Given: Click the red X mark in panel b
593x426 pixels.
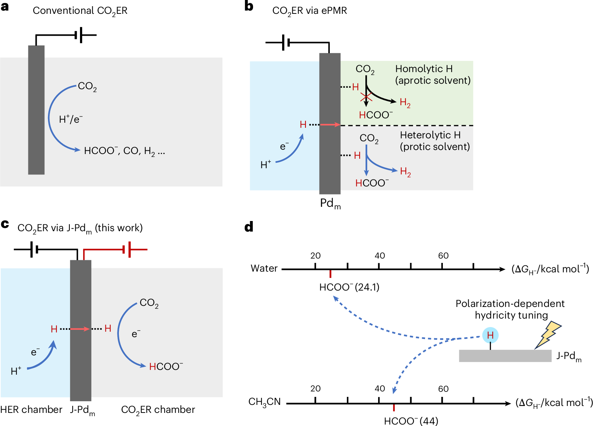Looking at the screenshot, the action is [366, 97].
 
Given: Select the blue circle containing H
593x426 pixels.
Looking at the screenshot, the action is [490, 335].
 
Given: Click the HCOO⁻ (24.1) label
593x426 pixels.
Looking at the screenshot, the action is [349, 287].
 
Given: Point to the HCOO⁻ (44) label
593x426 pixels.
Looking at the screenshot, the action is [411, 421].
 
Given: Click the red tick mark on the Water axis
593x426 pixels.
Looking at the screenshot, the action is [330, 274].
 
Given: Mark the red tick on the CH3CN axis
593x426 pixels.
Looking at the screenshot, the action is [394, 408].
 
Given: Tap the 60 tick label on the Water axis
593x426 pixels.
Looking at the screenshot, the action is [444, 256].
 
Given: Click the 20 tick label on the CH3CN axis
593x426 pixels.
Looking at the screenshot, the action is [315, 388].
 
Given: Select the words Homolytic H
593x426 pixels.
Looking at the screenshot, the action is [424, 69].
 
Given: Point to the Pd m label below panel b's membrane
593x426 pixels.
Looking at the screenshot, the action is [330, 204].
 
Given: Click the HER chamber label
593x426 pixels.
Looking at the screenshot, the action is [31, 410].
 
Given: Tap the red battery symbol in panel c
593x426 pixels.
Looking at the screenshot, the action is [127, 249].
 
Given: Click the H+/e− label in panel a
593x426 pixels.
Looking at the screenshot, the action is [71, 119].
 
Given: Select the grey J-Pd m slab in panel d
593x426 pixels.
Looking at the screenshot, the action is [505, 356].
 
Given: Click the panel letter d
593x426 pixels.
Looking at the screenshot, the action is [249, 227].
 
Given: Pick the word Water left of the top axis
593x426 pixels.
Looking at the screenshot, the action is [264, 268].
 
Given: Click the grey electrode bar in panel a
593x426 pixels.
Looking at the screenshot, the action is [36, 110].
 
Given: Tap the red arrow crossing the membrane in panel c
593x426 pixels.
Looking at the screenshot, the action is [80, 329].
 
